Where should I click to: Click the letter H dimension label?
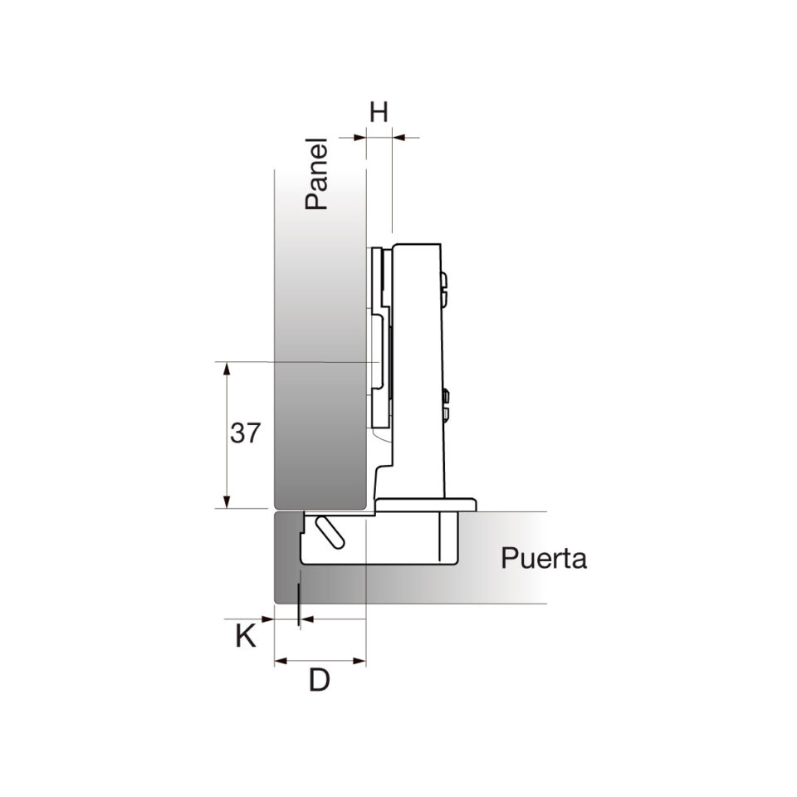pos(379,112)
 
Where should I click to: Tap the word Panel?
pos(315,174)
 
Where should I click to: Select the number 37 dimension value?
pos(246,433)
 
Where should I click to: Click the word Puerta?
pos(544,558)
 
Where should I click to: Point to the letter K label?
pos(246,636)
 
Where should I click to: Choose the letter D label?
pos(320,680)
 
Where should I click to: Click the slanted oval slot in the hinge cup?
pos(330,532)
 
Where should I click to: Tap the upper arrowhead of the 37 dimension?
pos(227,369)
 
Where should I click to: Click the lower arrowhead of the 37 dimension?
pos(227,501)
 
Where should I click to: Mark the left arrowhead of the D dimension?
pos(281,662)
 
